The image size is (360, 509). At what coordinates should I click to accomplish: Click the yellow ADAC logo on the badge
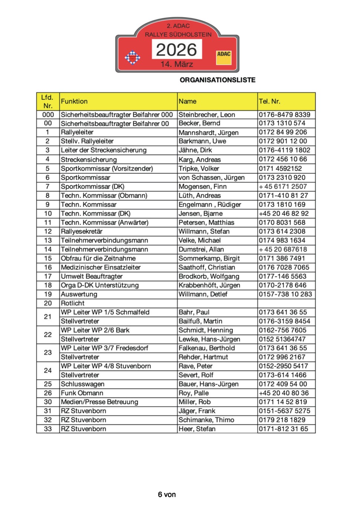click(224, 58)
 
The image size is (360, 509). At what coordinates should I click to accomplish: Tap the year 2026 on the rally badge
click(177, 50)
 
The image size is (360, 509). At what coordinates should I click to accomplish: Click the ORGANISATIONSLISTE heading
click(217, 80)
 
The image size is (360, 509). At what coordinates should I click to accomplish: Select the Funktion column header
click(74, 101)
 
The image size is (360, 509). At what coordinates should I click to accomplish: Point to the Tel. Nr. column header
click(269, 101)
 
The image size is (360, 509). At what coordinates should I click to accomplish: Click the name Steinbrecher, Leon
click(207, 115)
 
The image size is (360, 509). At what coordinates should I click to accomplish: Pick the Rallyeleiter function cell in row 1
click(77, 132)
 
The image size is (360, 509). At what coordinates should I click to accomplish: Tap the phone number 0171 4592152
click(281, 168)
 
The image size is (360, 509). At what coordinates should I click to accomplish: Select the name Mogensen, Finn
click(203, 187)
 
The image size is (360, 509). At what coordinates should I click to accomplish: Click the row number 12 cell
click(48, 231)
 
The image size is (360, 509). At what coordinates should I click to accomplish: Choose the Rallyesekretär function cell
click(82, 231)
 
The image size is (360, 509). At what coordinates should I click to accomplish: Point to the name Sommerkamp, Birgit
click(209, 258)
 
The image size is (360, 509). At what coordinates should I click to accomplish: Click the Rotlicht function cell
click(73, 303)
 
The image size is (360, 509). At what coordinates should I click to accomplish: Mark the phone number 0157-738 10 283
click(285, 294)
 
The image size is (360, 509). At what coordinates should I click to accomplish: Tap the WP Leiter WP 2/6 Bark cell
click(95, 330)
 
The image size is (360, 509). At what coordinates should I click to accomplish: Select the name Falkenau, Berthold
click(207, 348)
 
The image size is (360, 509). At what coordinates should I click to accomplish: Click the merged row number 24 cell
click(48, 370)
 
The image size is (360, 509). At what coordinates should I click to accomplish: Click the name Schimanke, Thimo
click(206, 420)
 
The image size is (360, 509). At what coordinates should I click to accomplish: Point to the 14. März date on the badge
click(177, 64)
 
